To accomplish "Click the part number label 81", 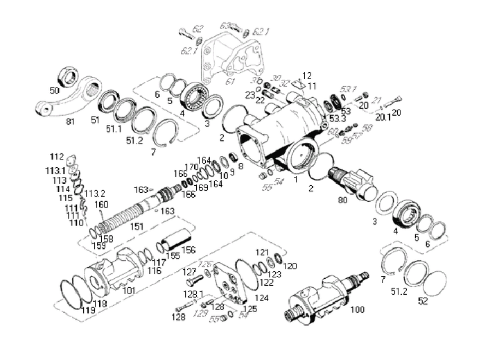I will pyautogui.click(x=69, y=122).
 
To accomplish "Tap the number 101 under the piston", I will pyautogui.click(x=129, y=291).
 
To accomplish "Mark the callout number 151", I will pyautogui.click(x=137, y=226).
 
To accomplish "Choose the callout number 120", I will pyautogui.click(x=291, y=266).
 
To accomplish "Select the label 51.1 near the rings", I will pyautogui.click(x=114, y=129).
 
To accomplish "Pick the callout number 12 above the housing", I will pyautogui.click(x=307, y=76).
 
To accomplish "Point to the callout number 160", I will pyautogui.click(x=102, y=205).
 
